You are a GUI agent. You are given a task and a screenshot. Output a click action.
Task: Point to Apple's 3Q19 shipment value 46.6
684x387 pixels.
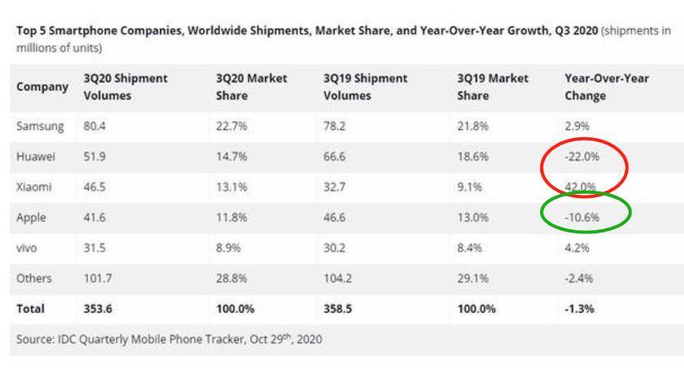(x=336, y=218)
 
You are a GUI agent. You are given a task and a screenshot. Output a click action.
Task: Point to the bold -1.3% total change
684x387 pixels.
(x=579, y=309)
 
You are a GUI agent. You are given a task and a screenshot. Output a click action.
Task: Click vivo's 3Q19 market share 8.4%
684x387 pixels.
(x=468, y=248)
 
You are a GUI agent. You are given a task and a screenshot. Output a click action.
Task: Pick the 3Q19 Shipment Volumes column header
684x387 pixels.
(x=366, y=87)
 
